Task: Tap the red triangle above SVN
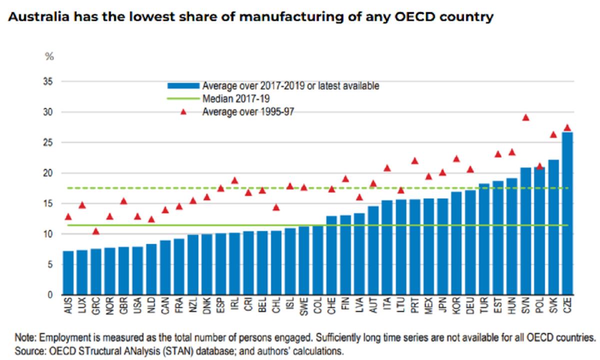(525, 117)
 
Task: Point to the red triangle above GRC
(96, 231)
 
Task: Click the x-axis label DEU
(470, 306)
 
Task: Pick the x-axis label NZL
(193, 306)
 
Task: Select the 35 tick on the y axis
(49, 81)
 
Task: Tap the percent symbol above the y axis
(49, 56)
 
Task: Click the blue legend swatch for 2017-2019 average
(183, 85)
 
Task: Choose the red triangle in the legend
(183, 111)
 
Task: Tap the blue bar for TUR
(484, 239)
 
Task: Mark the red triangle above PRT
(414, 160)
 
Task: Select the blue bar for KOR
(456, 243)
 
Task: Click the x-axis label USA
(137, 306)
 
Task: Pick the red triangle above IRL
(234, 180)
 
